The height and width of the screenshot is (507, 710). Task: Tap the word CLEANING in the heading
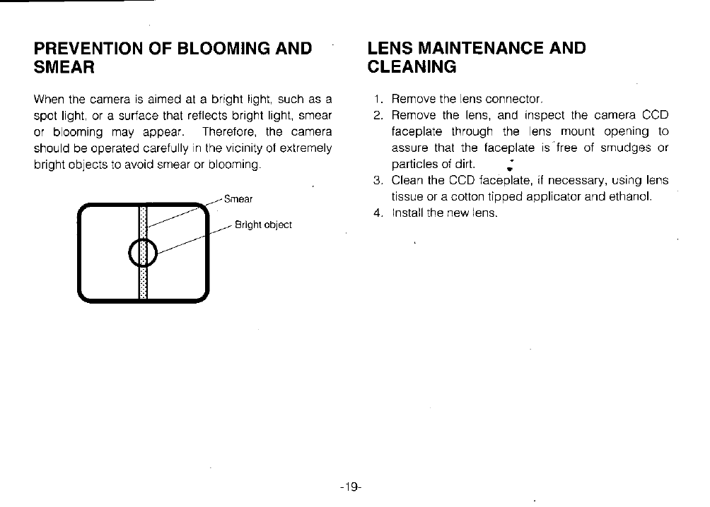tap(412, 68)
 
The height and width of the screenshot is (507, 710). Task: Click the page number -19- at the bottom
tap(350, 487)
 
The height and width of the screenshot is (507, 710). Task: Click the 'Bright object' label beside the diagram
tap(263, 225)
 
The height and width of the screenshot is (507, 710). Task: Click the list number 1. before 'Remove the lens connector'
tap(378, 99)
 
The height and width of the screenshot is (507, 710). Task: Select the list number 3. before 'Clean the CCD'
tap(378, 180)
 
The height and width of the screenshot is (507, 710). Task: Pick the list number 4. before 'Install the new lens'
tap(378, 213)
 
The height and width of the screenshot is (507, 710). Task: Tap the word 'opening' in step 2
tap(625, 131)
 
